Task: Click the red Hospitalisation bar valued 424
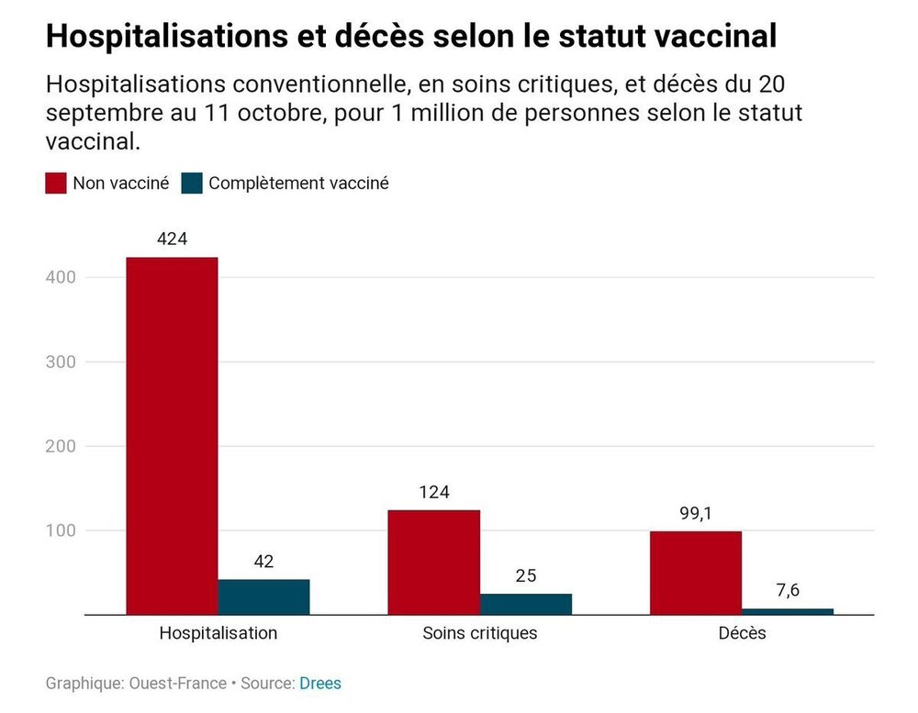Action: [172, 436]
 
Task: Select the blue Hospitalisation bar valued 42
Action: [263, 597]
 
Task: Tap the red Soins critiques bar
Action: [433, 563]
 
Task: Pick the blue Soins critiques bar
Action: [525, 605]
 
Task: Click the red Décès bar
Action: [695, 573]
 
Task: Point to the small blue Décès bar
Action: [787, 611]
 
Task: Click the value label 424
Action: [172, 239]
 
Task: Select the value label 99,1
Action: [695, 513]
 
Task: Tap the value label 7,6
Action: [787, 591]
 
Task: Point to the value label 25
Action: [525, 575]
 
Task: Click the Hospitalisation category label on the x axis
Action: [218, 633]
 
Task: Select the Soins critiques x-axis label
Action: [479, 633]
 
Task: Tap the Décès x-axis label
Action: [741, 633]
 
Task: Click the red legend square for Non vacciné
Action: [56, 183]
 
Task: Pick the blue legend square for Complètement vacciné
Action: [191, 183]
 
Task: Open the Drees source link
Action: [320, 684]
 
